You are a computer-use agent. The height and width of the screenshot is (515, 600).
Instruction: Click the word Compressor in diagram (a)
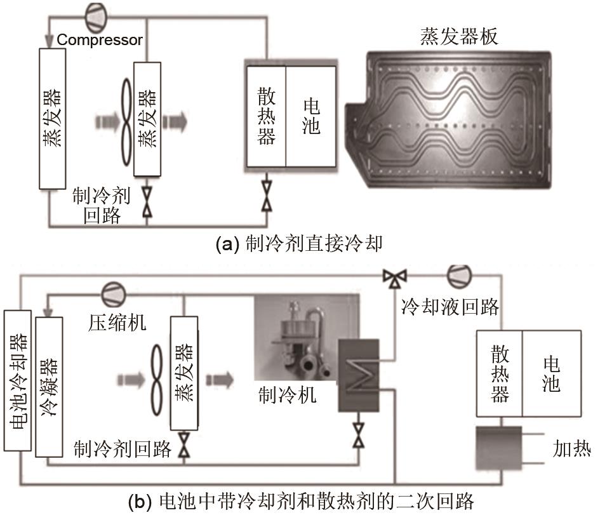coord(100,40)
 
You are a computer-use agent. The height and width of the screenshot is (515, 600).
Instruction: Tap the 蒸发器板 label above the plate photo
coord(458,36)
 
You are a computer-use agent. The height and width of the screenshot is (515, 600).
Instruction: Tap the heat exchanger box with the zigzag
coord(358,372)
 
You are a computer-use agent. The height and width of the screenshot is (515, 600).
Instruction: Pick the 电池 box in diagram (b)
coord(551,372)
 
